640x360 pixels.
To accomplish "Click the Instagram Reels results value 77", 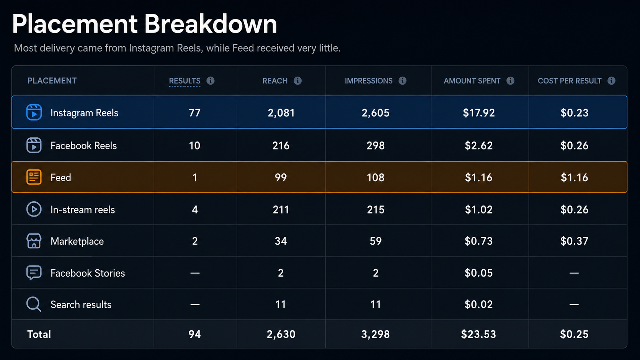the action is (x=194, y=113).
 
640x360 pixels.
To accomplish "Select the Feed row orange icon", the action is (x=34, y=177).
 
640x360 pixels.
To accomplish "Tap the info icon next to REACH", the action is (x=298, y=81).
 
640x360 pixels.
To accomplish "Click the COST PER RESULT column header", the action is (x=570, y=81).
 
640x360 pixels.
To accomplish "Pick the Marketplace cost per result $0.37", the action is (x=574, y=241).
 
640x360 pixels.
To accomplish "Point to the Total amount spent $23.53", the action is (x=478, y=334).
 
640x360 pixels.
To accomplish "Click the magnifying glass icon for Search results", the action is (x=34, y=304).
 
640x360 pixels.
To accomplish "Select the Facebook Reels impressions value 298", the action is (x=376, y=146).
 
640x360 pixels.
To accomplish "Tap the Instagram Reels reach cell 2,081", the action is (x=281, y=113).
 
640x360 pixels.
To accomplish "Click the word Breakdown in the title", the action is (x=211, y=24).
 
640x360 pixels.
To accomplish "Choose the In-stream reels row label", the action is (x=83, y=210).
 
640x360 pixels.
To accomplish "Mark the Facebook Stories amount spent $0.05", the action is (x=478, y=273).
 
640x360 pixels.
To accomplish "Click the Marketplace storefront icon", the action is (x=34, y=241).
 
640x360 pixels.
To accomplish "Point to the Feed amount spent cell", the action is (x=478, y=178).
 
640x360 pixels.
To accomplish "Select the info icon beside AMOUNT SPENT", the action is (x=510, y=81).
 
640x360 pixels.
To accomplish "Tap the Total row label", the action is (x=39, y=334).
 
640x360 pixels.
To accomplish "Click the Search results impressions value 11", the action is (x=376, y=304).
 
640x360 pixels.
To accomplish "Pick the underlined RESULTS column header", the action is (x=184, y=81).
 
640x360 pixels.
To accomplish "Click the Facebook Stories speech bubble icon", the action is (x=34, y=273).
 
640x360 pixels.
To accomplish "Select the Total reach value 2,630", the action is (x=281, y=334).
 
